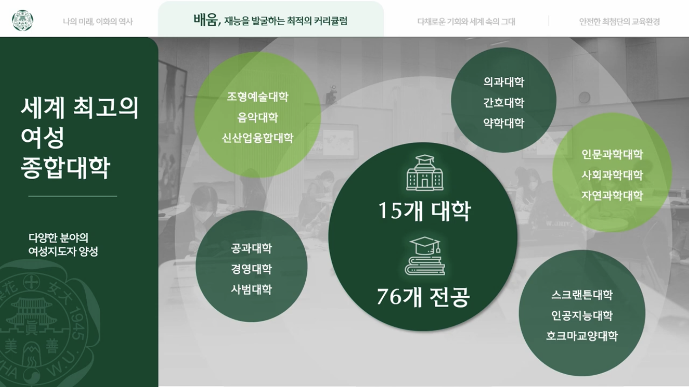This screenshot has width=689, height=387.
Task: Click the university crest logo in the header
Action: pos(22,21)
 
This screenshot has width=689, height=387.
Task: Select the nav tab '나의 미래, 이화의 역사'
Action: pos(98,22)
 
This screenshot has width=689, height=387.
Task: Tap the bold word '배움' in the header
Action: pos(206,20)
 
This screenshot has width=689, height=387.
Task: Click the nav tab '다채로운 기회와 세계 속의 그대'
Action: pos(466,22)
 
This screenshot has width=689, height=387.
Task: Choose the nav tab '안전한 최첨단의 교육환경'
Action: pos(619,22)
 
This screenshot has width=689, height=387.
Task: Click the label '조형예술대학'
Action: pos(258,97)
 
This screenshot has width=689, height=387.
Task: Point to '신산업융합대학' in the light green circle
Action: pos(258,138)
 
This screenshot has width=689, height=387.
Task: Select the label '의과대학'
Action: pos(504,82)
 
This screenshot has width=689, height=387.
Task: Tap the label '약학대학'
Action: pos(504,123)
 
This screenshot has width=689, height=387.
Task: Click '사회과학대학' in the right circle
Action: pos(612,175)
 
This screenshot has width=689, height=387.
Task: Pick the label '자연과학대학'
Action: pos(612,195)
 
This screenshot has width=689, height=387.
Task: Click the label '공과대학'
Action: pos(252,248)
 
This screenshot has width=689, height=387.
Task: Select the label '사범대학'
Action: pos(252,289)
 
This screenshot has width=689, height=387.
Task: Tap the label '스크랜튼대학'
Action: pos(582,295)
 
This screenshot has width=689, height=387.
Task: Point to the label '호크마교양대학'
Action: pos(582,336)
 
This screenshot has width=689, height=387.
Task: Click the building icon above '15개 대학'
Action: pos(425,172)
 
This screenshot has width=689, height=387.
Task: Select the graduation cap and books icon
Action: pos(425,256)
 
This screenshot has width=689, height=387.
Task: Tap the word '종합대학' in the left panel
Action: pos(65,168)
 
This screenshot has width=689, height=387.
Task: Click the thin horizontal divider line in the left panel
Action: pos(73,196)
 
